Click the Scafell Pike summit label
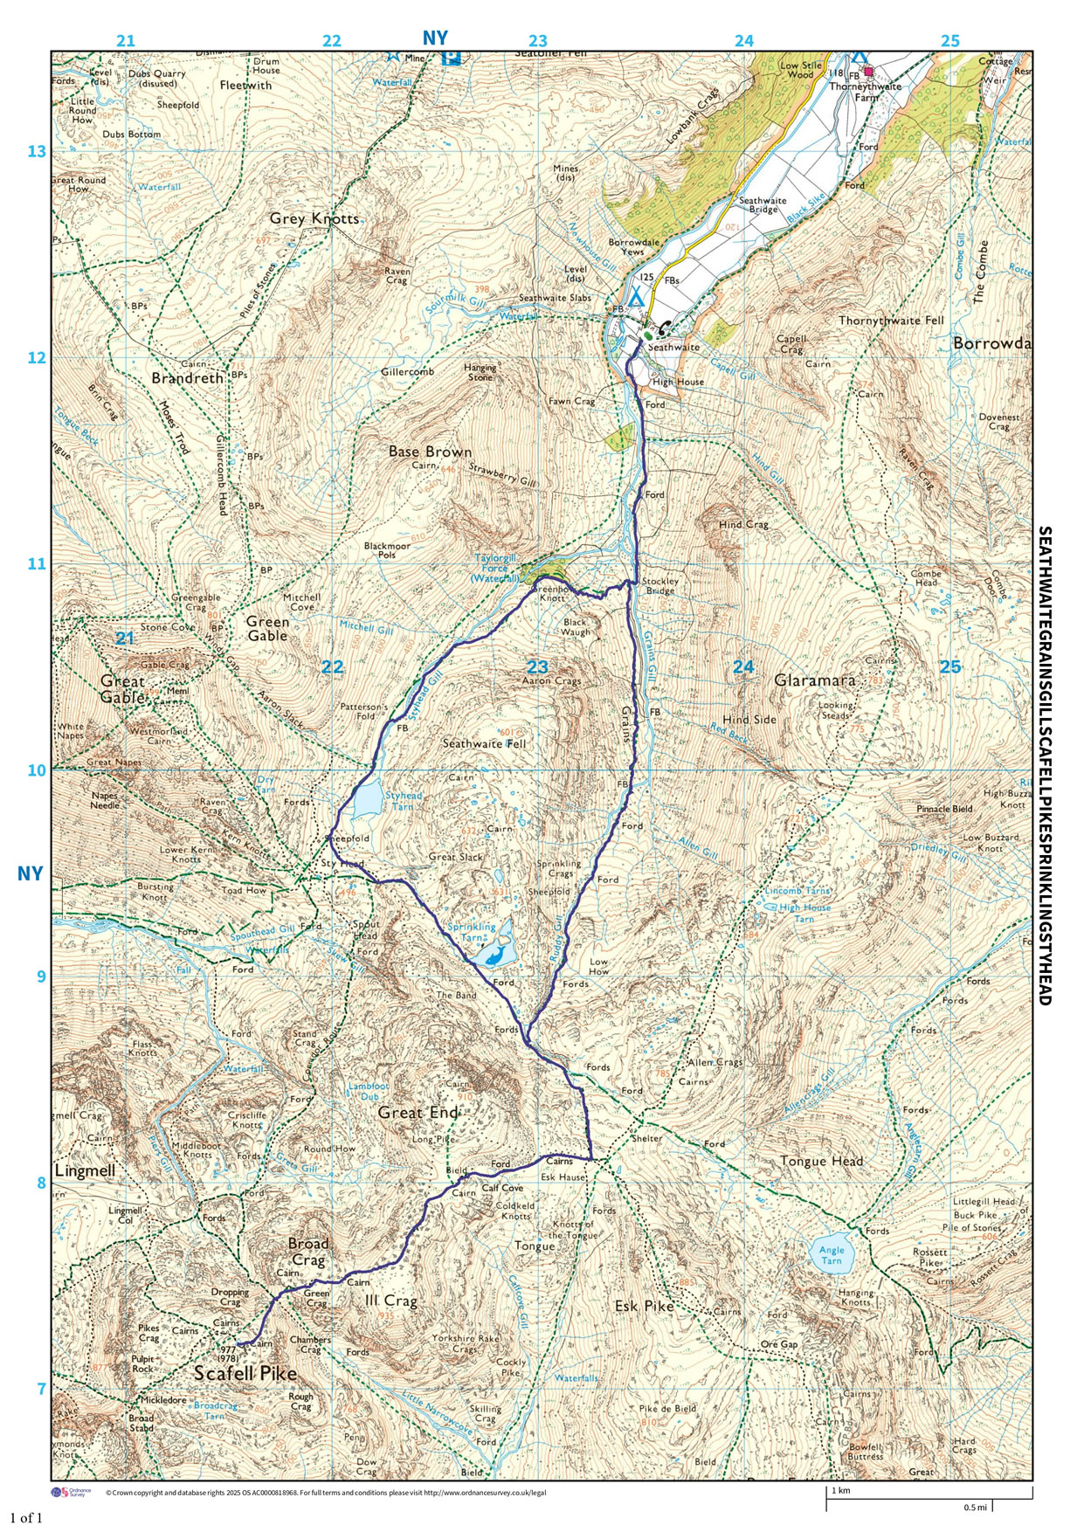[245, 1373]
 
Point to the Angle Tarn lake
[831, 1254]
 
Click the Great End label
[418, 1113]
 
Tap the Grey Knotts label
[314, 218]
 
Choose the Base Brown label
[430, 452]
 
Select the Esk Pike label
[645, 1306]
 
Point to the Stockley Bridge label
[659, 585]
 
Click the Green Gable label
[267, 629]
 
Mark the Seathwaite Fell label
[484, 743]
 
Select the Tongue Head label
[821, 1161]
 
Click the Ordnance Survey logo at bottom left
[69, 1493]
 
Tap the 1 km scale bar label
[840, 1490]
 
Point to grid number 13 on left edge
[36, 152]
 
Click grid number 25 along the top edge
[949, 40]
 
